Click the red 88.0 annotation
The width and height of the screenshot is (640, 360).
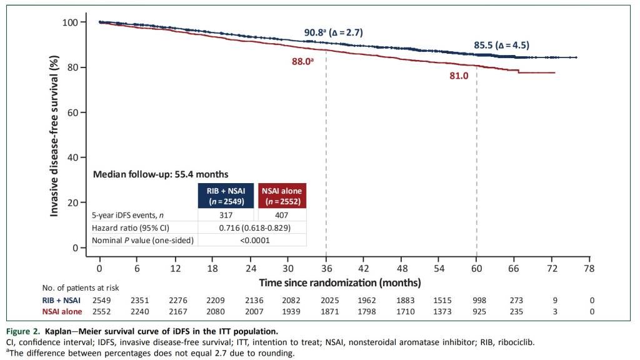click(x=301, y=61)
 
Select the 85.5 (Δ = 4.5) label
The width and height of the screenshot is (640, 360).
click(x=502, y=45)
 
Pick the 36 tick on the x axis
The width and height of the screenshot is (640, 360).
click(x=326, y=269)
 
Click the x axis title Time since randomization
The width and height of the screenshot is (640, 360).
click(x=339, y=283)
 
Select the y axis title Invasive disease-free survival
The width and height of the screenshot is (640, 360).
click(x=55, y=136)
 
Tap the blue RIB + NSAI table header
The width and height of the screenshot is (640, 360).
click(x=226, y=195)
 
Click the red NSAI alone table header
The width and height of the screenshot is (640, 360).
click(x=282, y=195)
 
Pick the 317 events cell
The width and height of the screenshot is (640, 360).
click(x=226, y=214)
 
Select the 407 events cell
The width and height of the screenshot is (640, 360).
click(x=282, y=214)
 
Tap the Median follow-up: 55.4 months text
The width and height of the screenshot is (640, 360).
click(x=161, y=174)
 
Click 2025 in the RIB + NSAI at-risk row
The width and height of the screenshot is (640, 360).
click(x=327, y=301)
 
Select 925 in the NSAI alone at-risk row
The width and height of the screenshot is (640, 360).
click(x=477, y=311)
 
